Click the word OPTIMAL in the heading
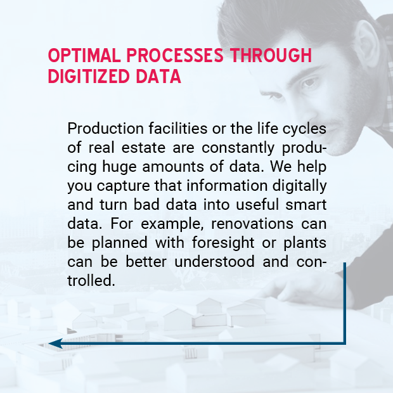(x=84, y=55)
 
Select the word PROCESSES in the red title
(x=175, y=55)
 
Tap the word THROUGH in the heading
(x=271, y=55)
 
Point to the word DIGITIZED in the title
(x=89, y=76)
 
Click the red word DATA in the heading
(x=158, y=76)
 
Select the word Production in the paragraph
(x=105, y=128)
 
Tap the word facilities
(x=178, y=128)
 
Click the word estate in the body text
(x=143, y=147)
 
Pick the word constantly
(x=238, y=148)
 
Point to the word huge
(x=119, y=167)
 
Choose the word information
(x=227, y=186)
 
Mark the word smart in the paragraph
(x=306, y=205)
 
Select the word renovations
(x=252, y=224)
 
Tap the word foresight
(x=223, y=243)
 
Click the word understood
(x=214, y=261)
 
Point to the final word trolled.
(x=91, y=280)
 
